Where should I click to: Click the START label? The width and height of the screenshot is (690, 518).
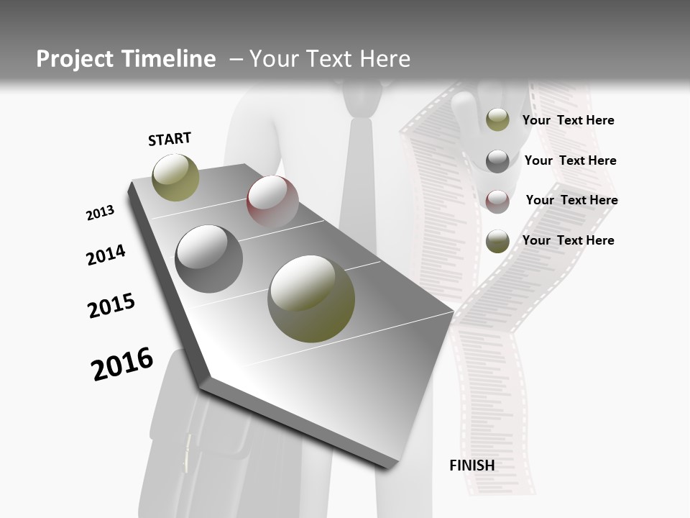pyautogui.click(x=170, y=139)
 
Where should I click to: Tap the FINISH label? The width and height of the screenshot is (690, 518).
pyautogui.click(x=471, y=465)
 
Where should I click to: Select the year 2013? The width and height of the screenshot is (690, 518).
pyautogui.click(x=100, y=213)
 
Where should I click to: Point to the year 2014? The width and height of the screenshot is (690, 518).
pyautogui.click(x=106, y=255)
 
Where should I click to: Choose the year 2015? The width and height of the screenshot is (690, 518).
pyautogui.click(x=111, y=306)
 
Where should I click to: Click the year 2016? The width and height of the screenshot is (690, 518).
pyautogui.click(x=122, y=364)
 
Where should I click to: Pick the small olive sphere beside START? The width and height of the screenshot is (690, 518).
pyautogui.click(x=175, y=177)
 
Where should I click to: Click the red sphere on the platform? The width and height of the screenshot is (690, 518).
pyautogui.click(x=272, y=201)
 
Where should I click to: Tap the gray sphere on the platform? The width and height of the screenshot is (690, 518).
pyautogui.click(x=208, y=259)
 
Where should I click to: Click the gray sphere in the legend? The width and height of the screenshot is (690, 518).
pyautogui.click(x=497, y=161)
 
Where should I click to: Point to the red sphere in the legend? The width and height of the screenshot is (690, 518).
pyautogui.click(x=497, y=201)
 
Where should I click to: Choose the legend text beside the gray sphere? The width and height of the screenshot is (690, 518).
pyautogui.click(x=570, y=160)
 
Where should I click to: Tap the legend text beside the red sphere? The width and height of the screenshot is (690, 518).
pyautogui.click(x=571, y=200)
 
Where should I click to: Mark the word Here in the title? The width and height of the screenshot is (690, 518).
pyautogui.click(x=384, y=59)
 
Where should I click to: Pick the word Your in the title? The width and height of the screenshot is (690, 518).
pyautogui.click(x=271, y=59)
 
